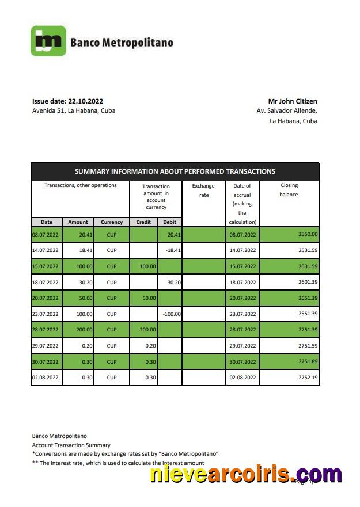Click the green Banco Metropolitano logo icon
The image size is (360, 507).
(x=48, y=41)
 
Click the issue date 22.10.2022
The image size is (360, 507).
(x=67, y=101)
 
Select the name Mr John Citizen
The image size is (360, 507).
(x=293, y=101)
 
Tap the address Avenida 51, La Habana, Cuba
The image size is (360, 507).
(x=74, y=110)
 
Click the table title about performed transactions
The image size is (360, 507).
(x=175, y=171)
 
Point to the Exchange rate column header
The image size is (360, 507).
(x=203, y=190)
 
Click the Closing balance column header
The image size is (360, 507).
(x=289, y=190)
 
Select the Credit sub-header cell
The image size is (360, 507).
(x=143, y=222)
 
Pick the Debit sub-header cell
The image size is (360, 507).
(x=170, y=222)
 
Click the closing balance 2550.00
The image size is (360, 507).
(x=308, y=234)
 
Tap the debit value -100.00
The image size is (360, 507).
(x=171, y=314)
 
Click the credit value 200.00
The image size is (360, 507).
(x=146, y=330)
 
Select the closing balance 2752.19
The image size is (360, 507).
(x=308, y=378)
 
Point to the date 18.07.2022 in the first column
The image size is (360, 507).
(x=46, y=283)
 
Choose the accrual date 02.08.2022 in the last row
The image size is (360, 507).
(x=242, y=378)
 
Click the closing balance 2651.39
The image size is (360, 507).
(x=308, y=298)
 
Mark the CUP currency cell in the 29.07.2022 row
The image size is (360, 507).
(x=112, y=346)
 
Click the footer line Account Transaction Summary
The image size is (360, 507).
(x=71, y=445)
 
